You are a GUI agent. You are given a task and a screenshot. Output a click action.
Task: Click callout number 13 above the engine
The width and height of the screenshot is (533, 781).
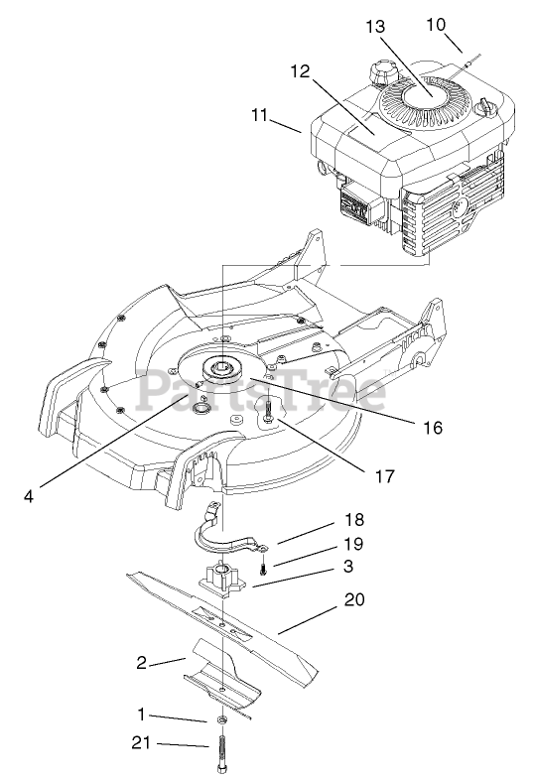click(x=375, y=27)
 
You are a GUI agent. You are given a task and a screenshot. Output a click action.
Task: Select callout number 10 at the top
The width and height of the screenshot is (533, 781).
click(x=436, y=25)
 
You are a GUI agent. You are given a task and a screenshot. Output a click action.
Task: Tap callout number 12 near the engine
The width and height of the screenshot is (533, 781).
click(x=301, y=71)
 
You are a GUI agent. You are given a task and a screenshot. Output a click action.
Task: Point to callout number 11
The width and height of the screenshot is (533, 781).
click(x=259, y=115)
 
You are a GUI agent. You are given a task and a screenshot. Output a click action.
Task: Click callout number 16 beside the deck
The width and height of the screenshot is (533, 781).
click(x=433, y=428)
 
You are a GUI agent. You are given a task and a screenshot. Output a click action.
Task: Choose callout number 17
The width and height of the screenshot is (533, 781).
click(x=384, y=476)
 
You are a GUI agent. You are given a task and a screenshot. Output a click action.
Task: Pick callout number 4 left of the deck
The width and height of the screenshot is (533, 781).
click(x=29, y=496)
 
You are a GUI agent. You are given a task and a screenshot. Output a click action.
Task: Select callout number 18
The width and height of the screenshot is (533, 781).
click(x=354, y=519)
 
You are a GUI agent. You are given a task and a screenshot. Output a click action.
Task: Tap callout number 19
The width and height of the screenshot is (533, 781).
click(x=353, y=544)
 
